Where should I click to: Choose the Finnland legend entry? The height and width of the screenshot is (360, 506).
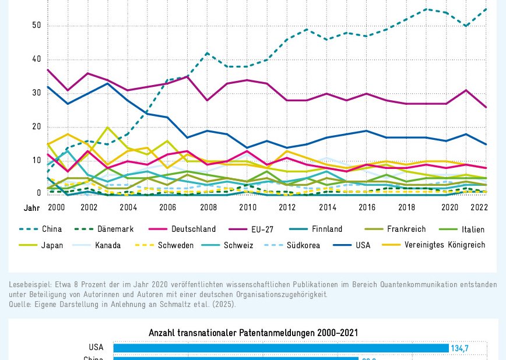tap(327, 230)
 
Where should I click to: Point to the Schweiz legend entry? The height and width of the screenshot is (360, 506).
tap(238, 245)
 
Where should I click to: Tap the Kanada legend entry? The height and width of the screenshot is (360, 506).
tap(108, 245)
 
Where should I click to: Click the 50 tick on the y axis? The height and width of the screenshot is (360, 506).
tap(37, 25)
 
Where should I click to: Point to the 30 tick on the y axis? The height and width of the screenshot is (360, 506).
tap(37, 93)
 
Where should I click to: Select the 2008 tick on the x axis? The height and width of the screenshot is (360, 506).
tap(209, 207)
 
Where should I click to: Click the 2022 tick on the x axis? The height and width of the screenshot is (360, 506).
tap(479, 207)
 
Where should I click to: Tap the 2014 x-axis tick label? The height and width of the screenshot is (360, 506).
tap(328, 207)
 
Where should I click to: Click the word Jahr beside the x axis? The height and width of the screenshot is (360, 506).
tap(31, 207)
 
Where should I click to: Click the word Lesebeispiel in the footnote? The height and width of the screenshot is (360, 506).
tap(29, 284)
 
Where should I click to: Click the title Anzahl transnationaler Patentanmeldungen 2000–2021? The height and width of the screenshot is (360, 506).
tap(253, 333)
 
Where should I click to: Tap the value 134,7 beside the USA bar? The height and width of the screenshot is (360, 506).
tap(460, 348)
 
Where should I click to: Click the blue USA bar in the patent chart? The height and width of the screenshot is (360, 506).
tap(280, 348)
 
